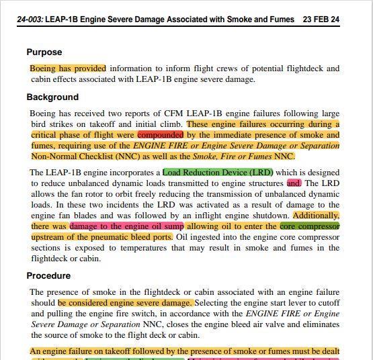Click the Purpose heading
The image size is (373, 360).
(44, 52)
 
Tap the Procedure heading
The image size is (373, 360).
(48, 275)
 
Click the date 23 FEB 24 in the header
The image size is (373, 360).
(321, 19)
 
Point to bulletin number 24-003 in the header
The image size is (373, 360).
(30, 19)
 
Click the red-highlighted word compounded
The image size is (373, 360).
(160, 135)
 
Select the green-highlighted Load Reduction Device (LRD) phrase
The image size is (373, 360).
(218, 172)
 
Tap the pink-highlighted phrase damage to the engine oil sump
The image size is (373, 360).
(126, 226)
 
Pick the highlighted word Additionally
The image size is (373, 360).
(316, 216)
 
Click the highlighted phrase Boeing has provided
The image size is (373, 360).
(68, 69)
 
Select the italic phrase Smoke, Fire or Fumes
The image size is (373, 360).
(235, 156)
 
